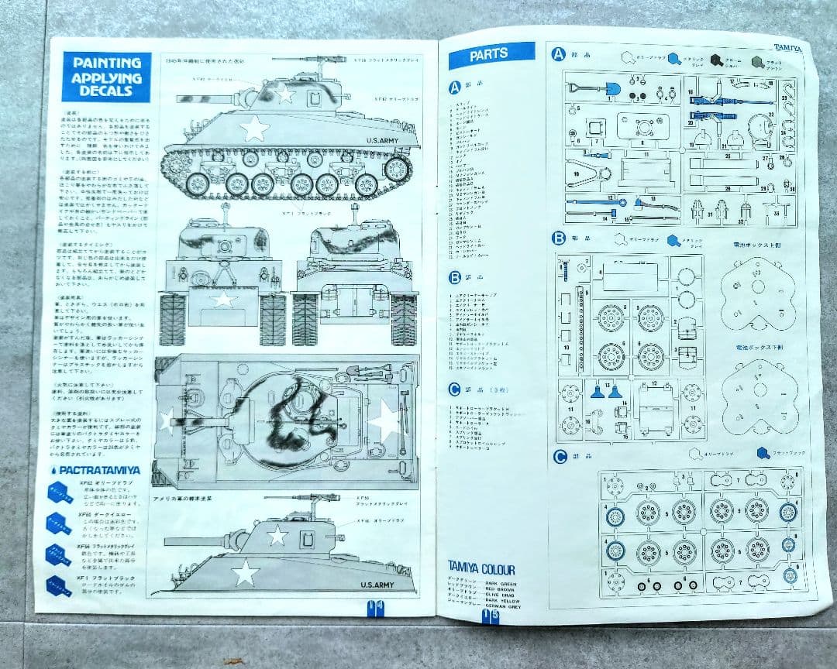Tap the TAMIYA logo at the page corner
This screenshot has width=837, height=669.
[787, 49]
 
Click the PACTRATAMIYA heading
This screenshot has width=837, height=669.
[98, 469]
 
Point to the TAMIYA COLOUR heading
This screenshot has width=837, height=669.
[480, 570]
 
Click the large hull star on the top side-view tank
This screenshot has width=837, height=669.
[255, 129]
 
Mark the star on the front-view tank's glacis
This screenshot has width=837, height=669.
[223, 299]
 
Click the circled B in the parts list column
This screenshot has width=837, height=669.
[455, 276]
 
